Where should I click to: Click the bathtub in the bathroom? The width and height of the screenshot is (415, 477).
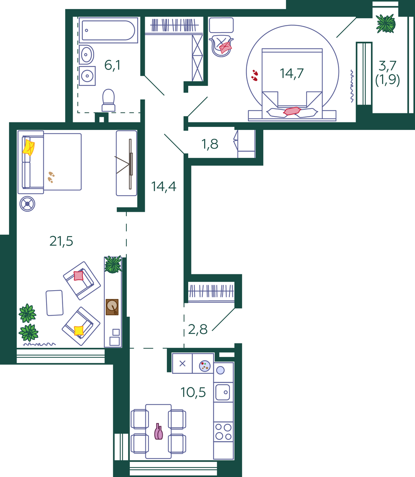[108, 30]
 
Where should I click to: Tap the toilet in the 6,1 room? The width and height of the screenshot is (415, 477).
[108, 100]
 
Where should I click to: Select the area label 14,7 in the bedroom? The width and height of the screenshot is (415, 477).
[291, 74]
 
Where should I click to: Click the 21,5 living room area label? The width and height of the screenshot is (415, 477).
[61, 241]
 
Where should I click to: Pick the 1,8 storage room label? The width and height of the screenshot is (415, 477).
[210, 144]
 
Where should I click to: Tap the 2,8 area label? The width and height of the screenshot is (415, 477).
[197, 330]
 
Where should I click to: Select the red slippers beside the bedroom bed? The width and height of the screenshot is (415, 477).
[255, 75]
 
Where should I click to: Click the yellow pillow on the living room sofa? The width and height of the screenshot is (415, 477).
[29, 147]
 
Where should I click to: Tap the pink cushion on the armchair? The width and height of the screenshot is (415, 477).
[79, 275]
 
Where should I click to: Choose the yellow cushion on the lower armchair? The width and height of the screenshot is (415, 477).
[79, 330]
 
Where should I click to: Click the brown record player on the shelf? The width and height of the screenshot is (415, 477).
[112, 307]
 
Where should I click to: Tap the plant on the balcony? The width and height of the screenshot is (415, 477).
[386, 23]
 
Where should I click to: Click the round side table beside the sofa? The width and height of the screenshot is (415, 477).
[27, 204]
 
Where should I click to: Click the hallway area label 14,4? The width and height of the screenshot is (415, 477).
[164, 186]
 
